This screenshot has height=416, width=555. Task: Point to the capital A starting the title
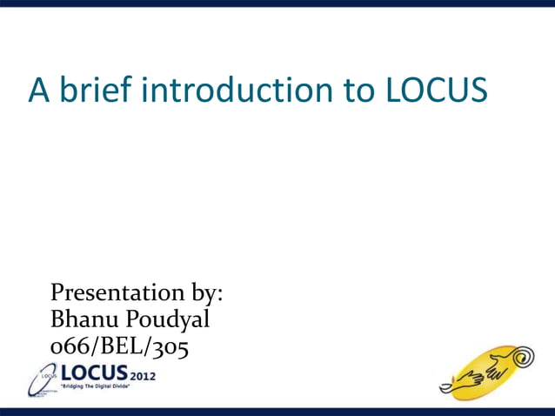click(x=38, y=91)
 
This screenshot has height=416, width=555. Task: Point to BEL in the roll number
click(x=125, y=346)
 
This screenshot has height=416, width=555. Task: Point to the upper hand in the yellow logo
click(x=496, y=370)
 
